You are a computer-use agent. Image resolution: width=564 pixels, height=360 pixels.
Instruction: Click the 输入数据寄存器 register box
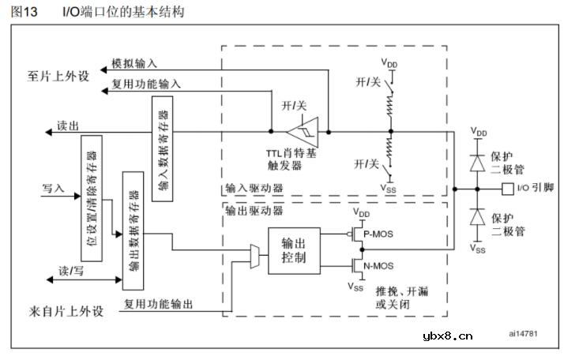[x=164, y=149]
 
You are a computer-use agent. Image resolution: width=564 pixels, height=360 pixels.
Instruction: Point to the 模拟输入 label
[x=134, y=62]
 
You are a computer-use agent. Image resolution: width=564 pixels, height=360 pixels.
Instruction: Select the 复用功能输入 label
[x=146, y=83]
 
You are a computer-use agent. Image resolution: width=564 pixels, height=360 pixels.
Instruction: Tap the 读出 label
[x=68, y=125]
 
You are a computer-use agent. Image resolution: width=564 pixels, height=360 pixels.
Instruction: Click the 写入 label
[x=52, y=189]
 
